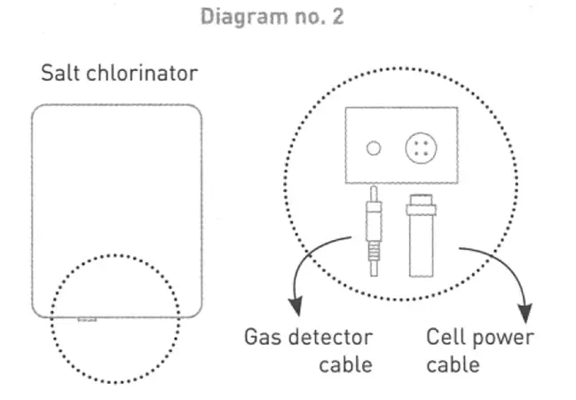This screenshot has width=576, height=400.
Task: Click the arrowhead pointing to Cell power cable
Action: (525, 313)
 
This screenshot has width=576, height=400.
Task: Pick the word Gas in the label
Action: (262, 339)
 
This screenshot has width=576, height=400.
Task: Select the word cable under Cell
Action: (452, 365)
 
